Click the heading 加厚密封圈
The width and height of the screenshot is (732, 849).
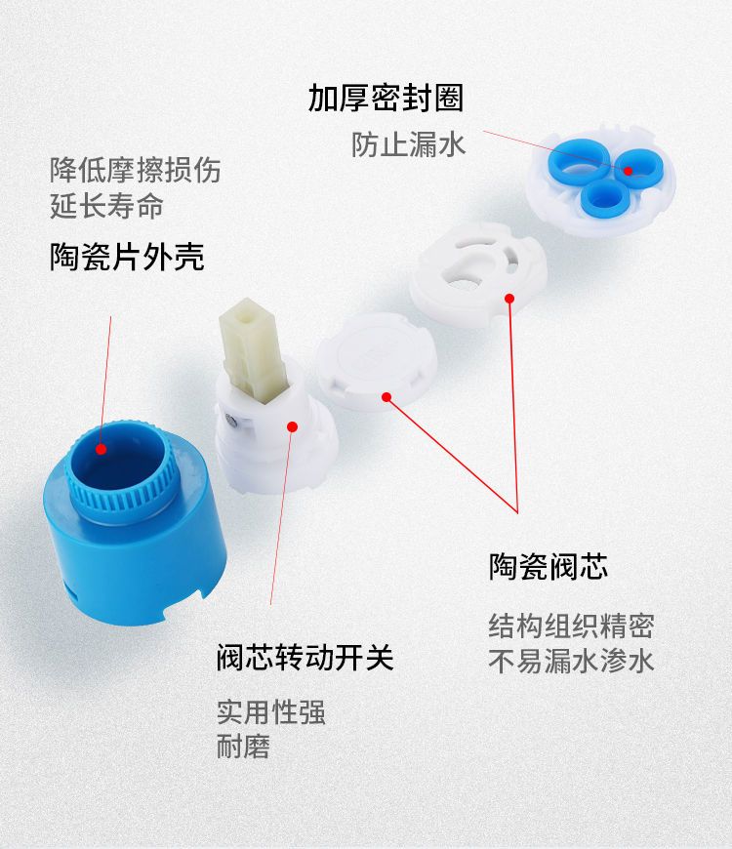[386, 98]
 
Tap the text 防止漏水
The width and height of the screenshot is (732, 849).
[408, 144]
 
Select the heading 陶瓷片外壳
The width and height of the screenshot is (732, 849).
[127, 257]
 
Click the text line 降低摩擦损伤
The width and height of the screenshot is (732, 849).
[136, 170]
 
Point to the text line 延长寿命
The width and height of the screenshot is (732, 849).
[106, 206]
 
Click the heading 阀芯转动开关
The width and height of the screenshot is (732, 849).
[305, 658]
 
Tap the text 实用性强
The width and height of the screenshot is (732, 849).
[271, 712]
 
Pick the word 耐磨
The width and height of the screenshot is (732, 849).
[243, 747]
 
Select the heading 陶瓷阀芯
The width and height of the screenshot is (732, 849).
[549, 566]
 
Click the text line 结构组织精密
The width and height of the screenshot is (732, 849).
[571, 626]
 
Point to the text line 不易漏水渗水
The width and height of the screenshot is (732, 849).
[571, 661]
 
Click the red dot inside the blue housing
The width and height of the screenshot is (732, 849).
[101, 449]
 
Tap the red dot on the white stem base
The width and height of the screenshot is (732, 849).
[293, 426]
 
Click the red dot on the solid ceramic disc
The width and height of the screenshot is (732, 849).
[386, 397]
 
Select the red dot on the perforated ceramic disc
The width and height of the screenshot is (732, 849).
[509, 298]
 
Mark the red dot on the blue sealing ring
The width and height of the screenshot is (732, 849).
[628, 171]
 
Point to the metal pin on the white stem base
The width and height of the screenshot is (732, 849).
[230, 421]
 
